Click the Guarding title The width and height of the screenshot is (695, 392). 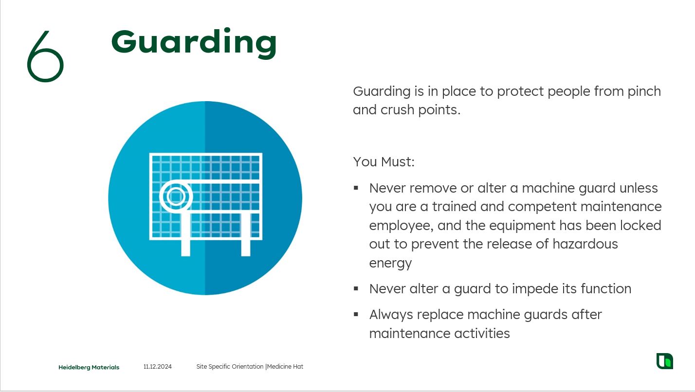(194, 43)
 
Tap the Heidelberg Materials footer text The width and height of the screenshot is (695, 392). (89, 367)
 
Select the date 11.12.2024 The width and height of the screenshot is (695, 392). (157, 367)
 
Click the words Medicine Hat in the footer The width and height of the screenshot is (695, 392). (285, 367)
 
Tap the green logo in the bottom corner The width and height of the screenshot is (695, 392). (665, 361)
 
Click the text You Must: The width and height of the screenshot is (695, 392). (384, 161)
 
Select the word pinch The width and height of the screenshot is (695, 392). (644, 91)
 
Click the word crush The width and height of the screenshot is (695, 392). (398, 110)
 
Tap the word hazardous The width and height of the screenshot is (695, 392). (585, 244)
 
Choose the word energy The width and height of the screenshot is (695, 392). (390, 264)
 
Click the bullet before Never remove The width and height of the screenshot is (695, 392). (356, 188)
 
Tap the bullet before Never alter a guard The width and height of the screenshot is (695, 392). (356, 289)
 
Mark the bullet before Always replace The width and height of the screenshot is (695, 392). (356, 315)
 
